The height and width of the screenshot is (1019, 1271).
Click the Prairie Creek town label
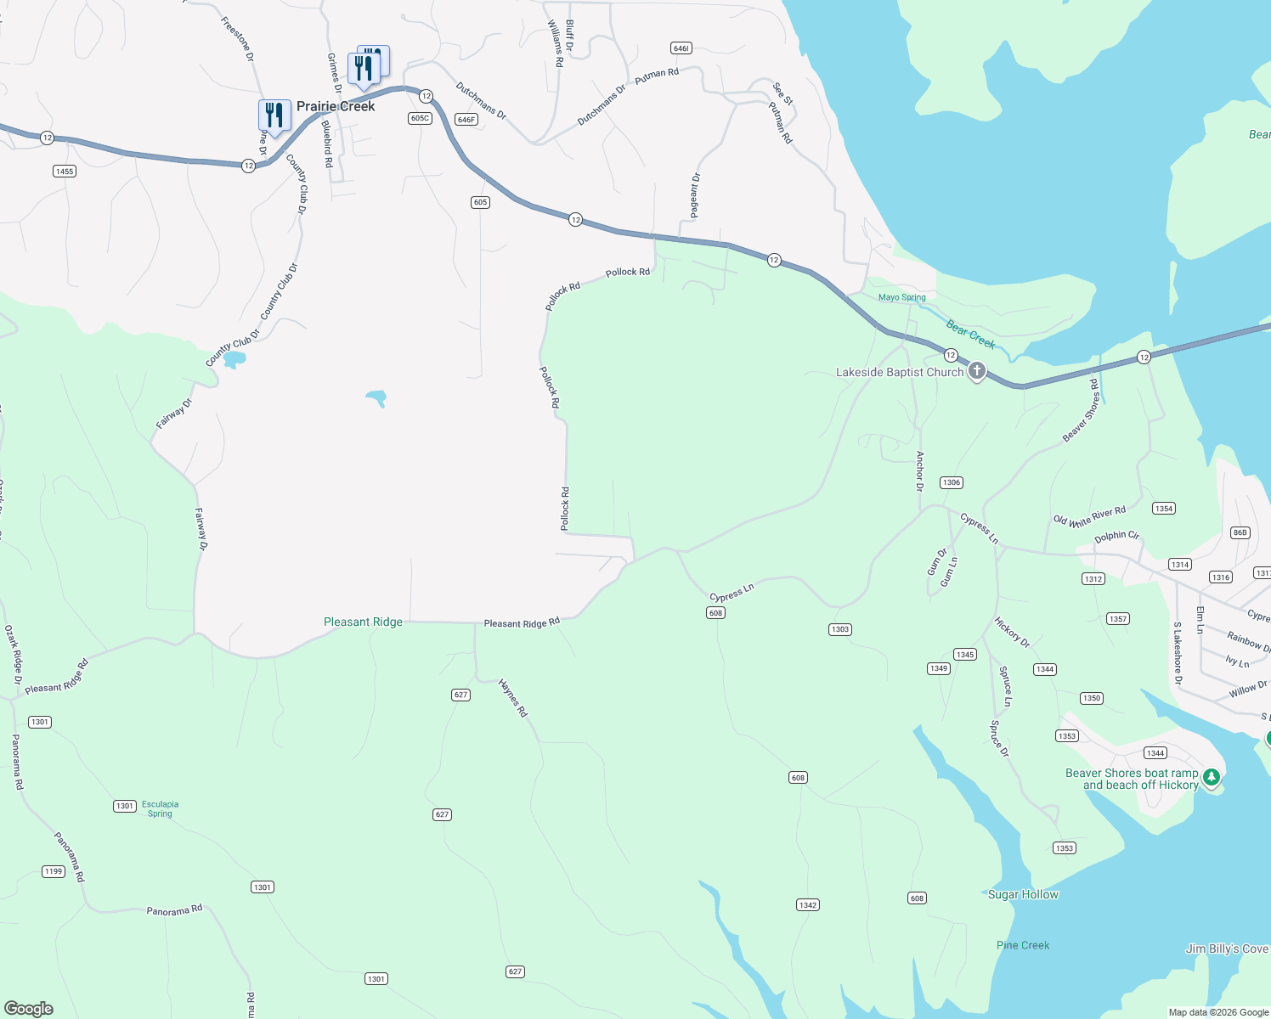pyautogui.click(x=336, y=107)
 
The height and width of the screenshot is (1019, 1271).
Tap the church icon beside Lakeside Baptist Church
pyautogui.click(x=977, y=371)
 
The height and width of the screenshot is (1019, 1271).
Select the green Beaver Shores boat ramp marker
pyautogui.click(x=1212, y=777)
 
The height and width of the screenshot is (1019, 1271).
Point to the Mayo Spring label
pyautogui.click(x=901, y=297)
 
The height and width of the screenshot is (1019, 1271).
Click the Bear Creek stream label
pyautogui.click(x=970, y=335)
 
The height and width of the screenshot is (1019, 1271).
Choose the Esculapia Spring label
pyautogui.click(x=160, y=808)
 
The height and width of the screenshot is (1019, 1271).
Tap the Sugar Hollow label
pyautogui.click(x=1023, y=894)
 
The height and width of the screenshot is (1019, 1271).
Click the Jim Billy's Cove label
pyautogui.click(x=1227, y=949)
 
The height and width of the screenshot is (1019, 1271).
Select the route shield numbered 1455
pyautogui.click(x=65, y=171)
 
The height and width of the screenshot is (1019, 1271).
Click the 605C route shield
pyautogui.click(x=420, y=118)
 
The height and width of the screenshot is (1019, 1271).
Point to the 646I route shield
pyautogui.click(x=681, y=48)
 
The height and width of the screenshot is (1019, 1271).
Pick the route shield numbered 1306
pyautogui.click(x=951, y=482)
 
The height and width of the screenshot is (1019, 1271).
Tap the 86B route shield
pyautogui.click(x=1240, y=532)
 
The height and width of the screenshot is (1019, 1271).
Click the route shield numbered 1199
pyautogui.click(x=54, y=871)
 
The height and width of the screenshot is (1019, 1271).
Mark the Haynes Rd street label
pyautogui.click(x=513, y=698)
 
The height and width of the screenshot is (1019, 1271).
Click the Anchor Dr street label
pyautogui.click(x=919, y=471)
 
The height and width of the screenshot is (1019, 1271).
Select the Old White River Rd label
pyautogui.click(x=1089, y=516)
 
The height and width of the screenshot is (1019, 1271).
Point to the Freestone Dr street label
pyautogui.click(x=237, y=39)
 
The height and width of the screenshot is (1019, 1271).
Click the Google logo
pyautogui.click(x=29, y=1008)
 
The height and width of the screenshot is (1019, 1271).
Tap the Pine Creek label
pyautogui.click(x=1023, y=945)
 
